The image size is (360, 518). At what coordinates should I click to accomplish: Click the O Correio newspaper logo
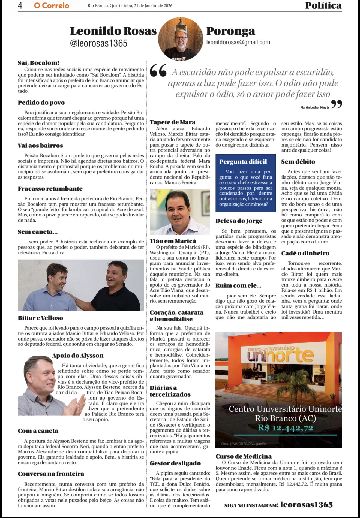click(52, 5)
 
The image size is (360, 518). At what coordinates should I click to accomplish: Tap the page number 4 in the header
click(20, 5)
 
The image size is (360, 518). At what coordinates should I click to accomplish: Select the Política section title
click(323, 5)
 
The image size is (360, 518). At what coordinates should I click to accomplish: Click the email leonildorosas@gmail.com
click(238, 42)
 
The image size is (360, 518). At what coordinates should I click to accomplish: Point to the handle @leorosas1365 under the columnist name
click(99, 43)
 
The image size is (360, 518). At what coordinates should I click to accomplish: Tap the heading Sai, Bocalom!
click(38, 63)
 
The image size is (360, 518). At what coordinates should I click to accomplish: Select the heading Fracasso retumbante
click(50, 189)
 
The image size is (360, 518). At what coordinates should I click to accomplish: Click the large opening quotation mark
click(158, 71)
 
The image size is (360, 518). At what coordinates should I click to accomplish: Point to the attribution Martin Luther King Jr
click(315, 107)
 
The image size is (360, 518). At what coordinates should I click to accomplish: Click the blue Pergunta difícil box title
click(243, 162)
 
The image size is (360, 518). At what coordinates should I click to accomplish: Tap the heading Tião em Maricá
click(173, 241)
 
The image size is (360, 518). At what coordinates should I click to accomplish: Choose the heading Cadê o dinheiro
click(305, 253)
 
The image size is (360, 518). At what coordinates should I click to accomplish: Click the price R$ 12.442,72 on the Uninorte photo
click(286, 428)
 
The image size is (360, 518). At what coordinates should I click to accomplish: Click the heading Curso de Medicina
click(244, 456)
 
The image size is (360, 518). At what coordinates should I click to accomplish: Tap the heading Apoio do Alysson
click(78, 356)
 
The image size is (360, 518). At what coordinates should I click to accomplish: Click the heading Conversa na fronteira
click(51, 474)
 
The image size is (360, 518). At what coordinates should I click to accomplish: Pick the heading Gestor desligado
click(175, 463)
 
